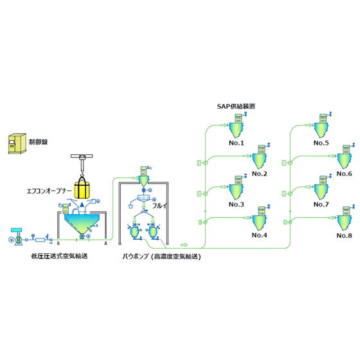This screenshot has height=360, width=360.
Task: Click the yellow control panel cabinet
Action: (x=17, y=143)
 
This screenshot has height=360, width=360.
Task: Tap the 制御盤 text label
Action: (x=38, y=141)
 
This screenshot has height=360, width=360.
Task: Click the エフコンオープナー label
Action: (x=50, y=191)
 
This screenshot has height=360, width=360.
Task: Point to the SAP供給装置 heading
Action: (x=236, y=106)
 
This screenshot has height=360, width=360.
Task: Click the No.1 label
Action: (x=237, y=143)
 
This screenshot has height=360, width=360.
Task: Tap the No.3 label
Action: (x=237, y=204)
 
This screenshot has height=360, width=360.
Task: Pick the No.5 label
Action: (x=321, y=143)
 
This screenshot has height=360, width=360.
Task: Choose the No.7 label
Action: (x=321, y=204)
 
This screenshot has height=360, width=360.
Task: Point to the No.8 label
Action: (x=344, y=235)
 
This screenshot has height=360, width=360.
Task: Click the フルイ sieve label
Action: (x=160, y=206)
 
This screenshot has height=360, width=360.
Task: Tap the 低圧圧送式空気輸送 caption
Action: (x=59, y=256)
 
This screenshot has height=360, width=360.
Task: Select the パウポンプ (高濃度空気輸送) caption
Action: (x=161, y=256)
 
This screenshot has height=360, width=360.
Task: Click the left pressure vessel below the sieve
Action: (x=134, y=232)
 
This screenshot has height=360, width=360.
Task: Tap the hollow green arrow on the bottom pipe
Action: (x=184, y=245)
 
